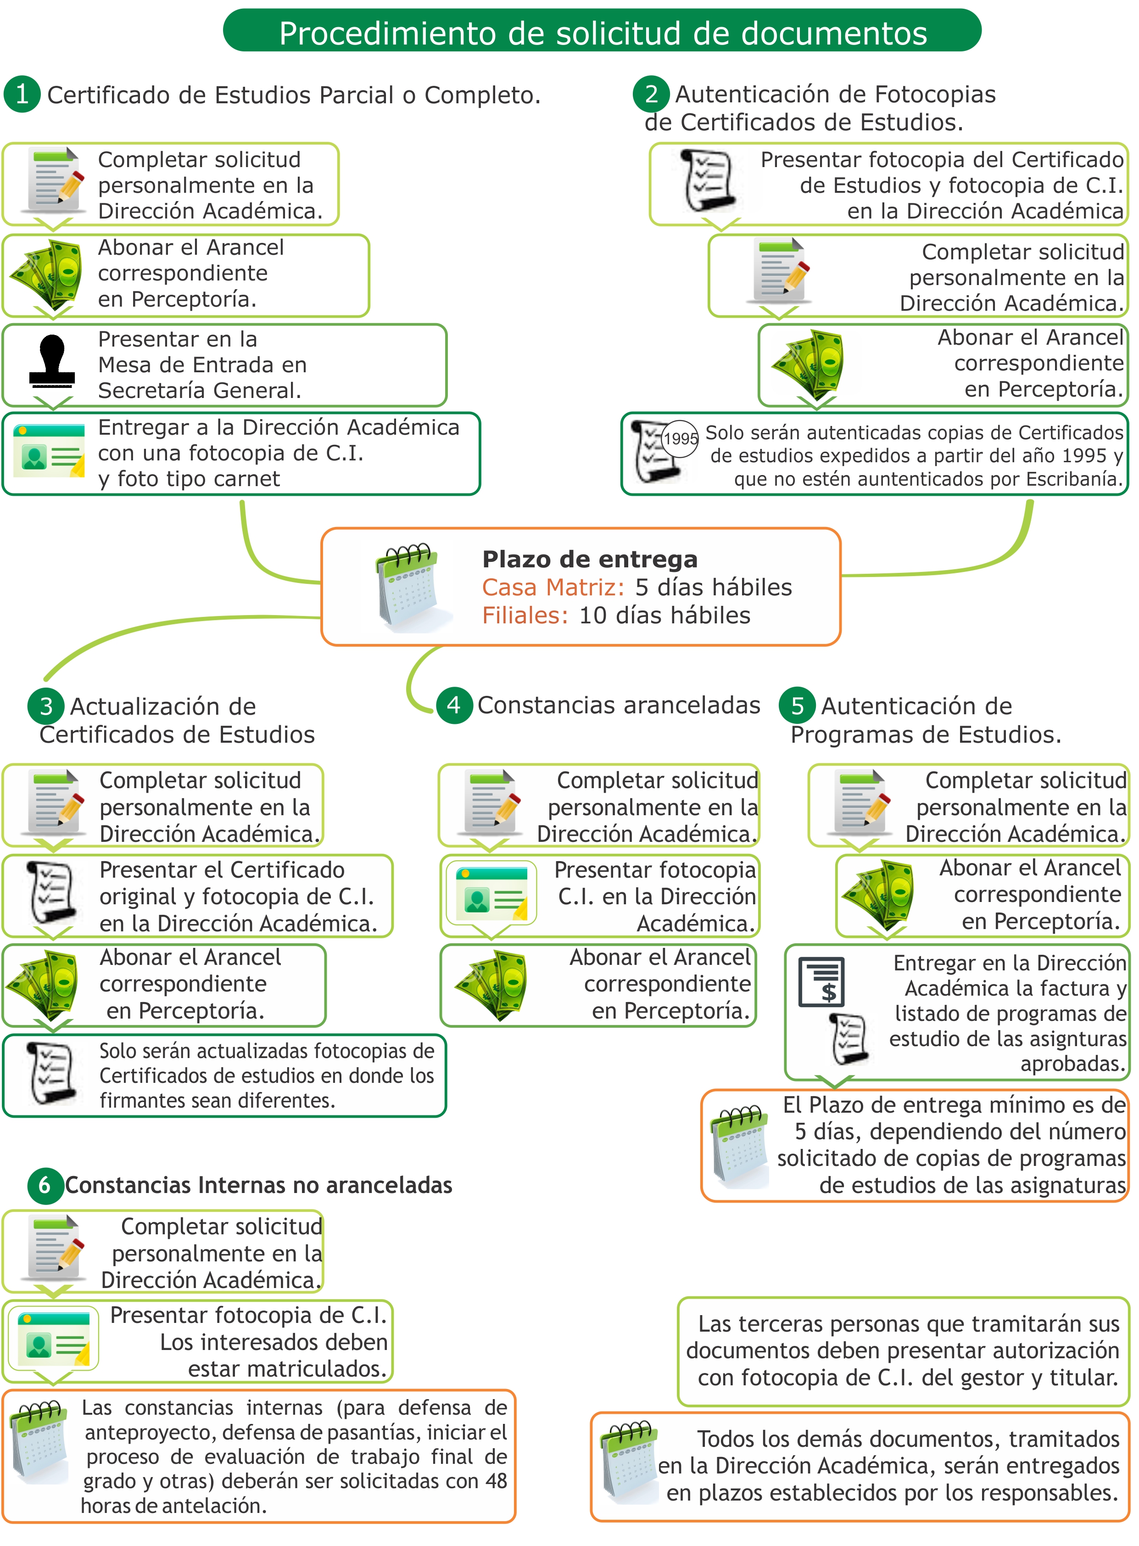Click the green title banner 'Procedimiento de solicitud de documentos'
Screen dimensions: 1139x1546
tap(602, 30)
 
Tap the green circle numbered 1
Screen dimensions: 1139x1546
tap(22, 94)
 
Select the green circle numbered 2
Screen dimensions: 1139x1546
tap(651, 94)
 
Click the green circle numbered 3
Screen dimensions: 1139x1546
tap(45, 706)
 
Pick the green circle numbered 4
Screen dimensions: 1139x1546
tap(454, 705)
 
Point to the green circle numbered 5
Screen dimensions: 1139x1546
tap(797, 706)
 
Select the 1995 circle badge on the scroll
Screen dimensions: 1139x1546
tap(680, 438)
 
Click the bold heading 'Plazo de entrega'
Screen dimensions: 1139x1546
tap(590, 559)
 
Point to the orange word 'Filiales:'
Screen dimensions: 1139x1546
tap(525, 615)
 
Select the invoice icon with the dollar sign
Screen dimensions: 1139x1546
tap(821, 982)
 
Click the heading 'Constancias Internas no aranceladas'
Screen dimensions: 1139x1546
tap(258, 1185)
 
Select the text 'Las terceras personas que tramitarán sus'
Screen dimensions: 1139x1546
tap(909, 1323)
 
